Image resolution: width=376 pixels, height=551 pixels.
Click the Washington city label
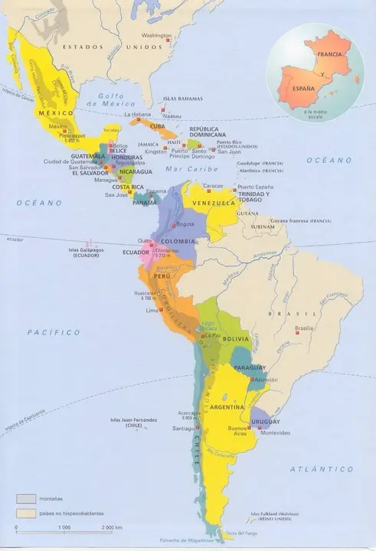(x=157, y=35)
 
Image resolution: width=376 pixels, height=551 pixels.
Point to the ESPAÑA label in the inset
(x=302, y=90)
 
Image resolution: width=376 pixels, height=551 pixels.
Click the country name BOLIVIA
(x=236, y=338)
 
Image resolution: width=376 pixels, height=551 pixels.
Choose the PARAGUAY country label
(x=249, y=368)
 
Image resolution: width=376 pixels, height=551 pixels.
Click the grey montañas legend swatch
(x=27, y=498)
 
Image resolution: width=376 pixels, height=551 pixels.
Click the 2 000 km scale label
(x=113, y=529)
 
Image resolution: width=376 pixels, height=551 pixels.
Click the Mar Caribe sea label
(x=193, y=169)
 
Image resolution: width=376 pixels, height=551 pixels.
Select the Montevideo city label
(x=276, y=433)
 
